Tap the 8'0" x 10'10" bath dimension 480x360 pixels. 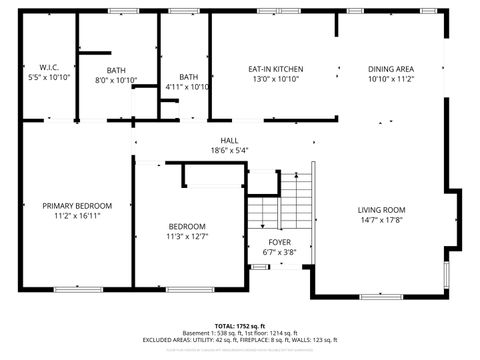(116, 79)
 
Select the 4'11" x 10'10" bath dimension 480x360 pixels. (188, 87)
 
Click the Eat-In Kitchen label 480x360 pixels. (276, 69)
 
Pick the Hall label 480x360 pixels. (229, 140)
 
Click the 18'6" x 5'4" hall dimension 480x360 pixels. (229, 150)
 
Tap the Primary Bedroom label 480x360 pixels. (77, 205)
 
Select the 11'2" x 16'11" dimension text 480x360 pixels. (77, 216)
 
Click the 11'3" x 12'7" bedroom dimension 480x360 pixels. (187, 236)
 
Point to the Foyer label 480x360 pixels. (279, 242)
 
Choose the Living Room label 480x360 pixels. (382, 210)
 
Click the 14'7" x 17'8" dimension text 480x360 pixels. (382, 221)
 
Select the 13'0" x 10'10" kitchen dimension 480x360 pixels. (276, 79)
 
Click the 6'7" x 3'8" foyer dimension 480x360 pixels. (279, 252)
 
